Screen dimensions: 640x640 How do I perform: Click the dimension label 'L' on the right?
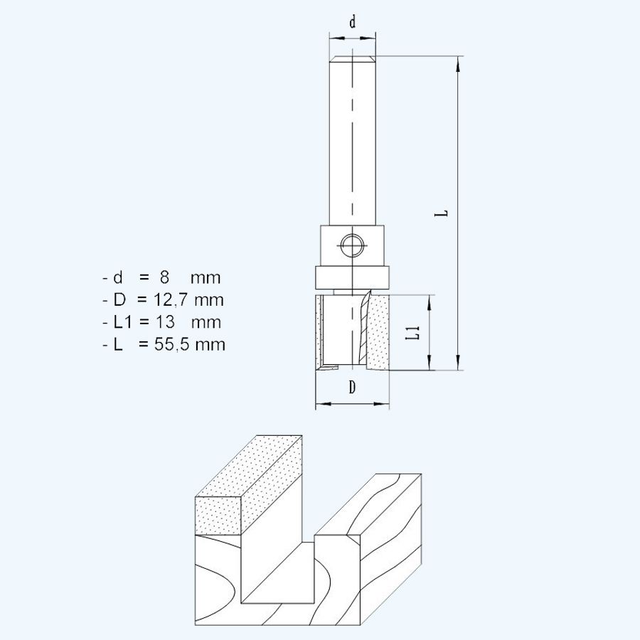442,213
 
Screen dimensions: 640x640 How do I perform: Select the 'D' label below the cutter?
352,388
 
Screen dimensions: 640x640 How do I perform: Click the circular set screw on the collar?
352,246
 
